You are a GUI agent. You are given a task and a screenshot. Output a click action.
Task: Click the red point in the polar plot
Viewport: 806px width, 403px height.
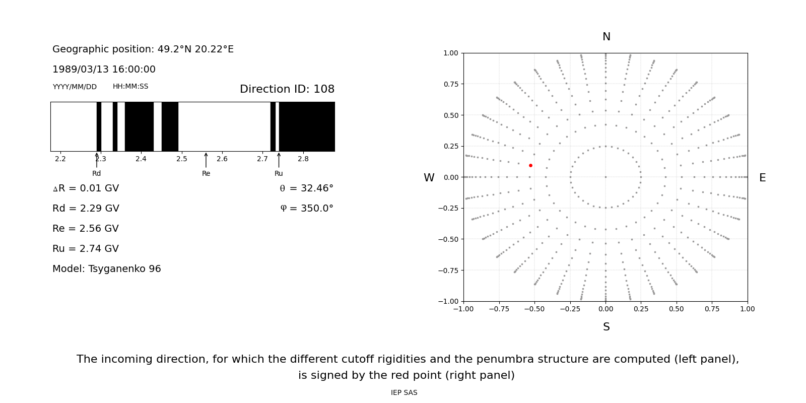(x=530, y=165)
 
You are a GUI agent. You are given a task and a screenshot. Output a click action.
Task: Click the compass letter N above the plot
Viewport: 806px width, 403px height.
(x=606, y=37)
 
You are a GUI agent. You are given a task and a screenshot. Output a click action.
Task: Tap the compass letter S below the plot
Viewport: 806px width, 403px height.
(x=606, y=327)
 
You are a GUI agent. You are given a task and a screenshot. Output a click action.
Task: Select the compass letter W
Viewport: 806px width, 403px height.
(x=429, y=178)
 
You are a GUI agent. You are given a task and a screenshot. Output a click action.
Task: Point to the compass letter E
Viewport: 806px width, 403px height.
(x=762, y=178)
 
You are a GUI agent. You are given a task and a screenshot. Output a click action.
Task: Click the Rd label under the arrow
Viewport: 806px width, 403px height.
(x=96, y=173)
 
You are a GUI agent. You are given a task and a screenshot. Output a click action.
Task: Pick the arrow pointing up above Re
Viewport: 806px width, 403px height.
(x=206, y=160)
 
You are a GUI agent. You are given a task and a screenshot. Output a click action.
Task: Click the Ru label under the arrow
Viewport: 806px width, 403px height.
(x=279, y=173)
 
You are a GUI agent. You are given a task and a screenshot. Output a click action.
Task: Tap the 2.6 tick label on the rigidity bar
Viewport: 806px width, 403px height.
(x=222, y=159)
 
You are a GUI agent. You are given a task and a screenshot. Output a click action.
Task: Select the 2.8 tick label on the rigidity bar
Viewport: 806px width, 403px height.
(x=303, y=159)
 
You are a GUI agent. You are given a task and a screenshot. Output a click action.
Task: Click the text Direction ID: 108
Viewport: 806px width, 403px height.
(x=287, y=89)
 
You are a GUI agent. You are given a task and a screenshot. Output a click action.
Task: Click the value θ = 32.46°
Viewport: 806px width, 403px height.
(x=306, y=188)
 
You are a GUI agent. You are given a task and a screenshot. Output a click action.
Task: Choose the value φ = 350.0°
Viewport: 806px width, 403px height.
(x=306, y=209)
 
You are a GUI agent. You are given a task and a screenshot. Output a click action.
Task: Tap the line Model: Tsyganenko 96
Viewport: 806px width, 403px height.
(x=106, y=269)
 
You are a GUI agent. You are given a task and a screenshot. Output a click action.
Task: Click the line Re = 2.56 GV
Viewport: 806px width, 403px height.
(x=86, y=229)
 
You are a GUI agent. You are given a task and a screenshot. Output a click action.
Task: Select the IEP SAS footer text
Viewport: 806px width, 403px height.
(x=404, y=392)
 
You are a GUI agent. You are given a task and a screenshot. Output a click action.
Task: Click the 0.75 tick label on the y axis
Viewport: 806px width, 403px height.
(x=450, y=84)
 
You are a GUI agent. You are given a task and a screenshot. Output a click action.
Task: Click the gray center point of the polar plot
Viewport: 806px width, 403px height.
(x=606, y=177)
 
